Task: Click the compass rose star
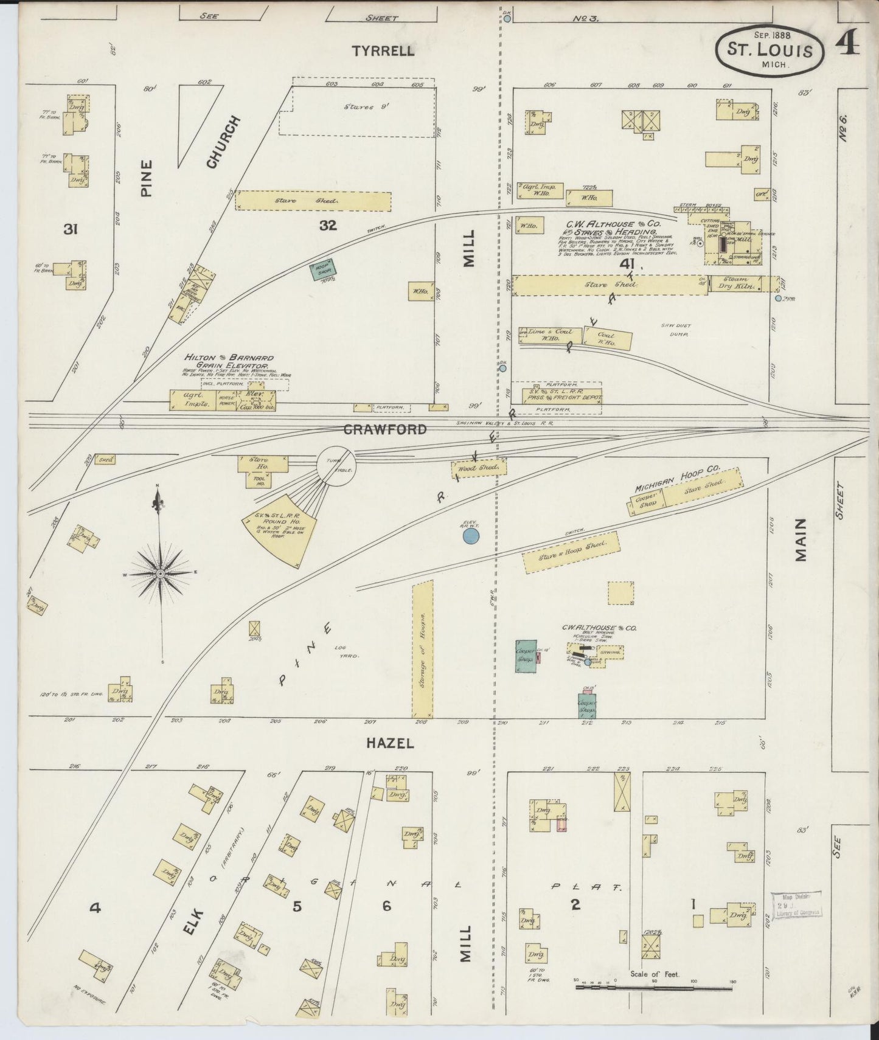[x=160, y=573]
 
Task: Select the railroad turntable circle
[x=335, y=467]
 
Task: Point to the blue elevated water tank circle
[x=471, y=536]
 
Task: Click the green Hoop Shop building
[x=320, y=270]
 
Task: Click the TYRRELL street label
[x=383, y=51]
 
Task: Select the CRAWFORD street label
[x=385, y=429]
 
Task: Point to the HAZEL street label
[x=390, y=743]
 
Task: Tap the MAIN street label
[x=801, y=539]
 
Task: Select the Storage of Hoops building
[x=423, y=649]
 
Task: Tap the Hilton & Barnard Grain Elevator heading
[x=229, y=361]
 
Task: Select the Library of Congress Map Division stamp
[x=796, y=904]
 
